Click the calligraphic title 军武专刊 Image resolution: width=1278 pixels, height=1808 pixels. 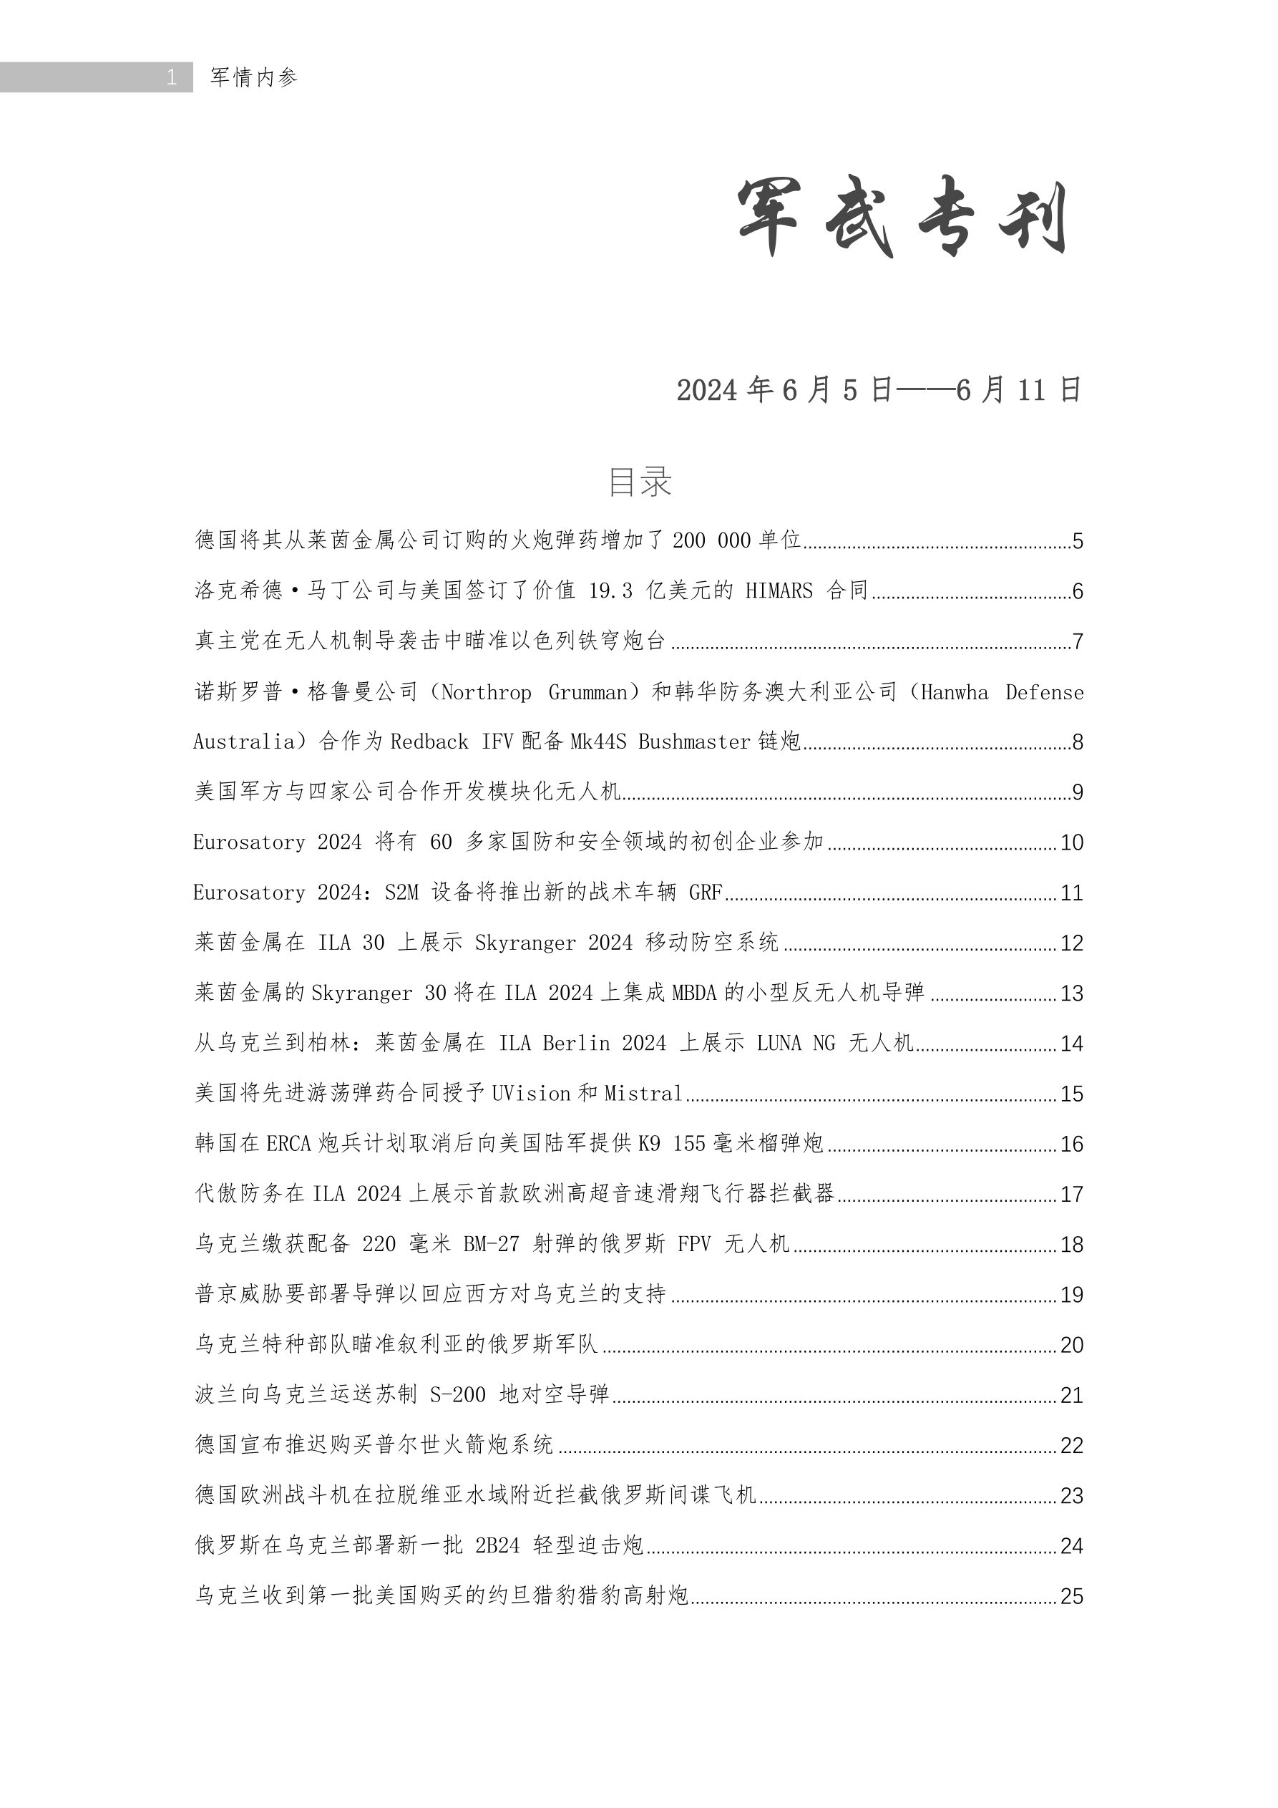(902, 217)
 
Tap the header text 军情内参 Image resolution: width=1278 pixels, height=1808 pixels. (253, 77)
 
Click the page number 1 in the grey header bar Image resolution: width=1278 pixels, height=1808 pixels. (171, 77)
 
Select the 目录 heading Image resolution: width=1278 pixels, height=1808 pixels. (640, 481)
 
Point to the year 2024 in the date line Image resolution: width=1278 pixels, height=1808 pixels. (706, 391)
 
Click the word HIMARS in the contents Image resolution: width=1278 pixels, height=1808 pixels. (779, 590)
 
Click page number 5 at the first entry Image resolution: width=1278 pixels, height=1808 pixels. (1077, 541)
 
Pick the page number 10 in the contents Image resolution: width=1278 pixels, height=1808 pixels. (1072, 842)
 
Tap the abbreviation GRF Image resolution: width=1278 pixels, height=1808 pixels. (706, 892)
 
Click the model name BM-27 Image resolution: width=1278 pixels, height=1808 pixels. (492, 1244)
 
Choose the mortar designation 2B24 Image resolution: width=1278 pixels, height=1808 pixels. (497, 1545)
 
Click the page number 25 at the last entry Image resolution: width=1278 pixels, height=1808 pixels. (1072, 1596)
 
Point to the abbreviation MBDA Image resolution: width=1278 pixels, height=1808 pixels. (695, 993)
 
